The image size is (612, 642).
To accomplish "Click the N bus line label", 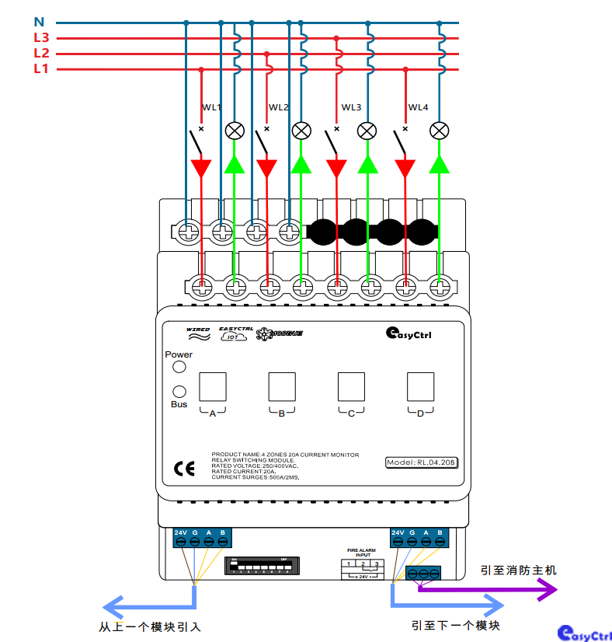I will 40,22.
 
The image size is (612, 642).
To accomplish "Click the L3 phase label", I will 41,37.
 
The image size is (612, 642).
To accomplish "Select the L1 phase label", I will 41,69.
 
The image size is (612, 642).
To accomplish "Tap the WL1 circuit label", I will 212,107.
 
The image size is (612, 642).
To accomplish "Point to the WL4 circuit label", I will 419,107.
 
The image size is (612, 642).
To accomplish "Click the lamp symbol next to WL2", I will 301,131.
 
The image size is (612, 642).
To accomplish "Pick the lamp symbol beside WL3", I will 367,131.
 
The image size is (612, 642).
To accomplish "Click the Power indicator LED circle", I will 179,368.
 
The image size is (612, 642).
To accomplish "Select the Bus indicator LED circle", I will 179,392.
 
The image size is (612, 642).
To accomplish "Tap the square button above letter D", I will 421,386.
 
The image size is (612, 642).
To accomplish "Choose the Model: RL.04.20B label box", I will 422,462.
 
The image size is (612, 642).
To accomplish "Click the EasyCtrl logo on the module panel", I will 409,333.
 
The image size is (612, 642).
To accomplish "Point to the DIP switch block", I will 260,564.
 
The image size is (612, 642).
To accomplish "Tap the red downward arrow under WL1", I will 202,167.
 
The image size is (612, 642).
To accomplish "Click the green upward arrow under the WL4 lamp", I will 440,164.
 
